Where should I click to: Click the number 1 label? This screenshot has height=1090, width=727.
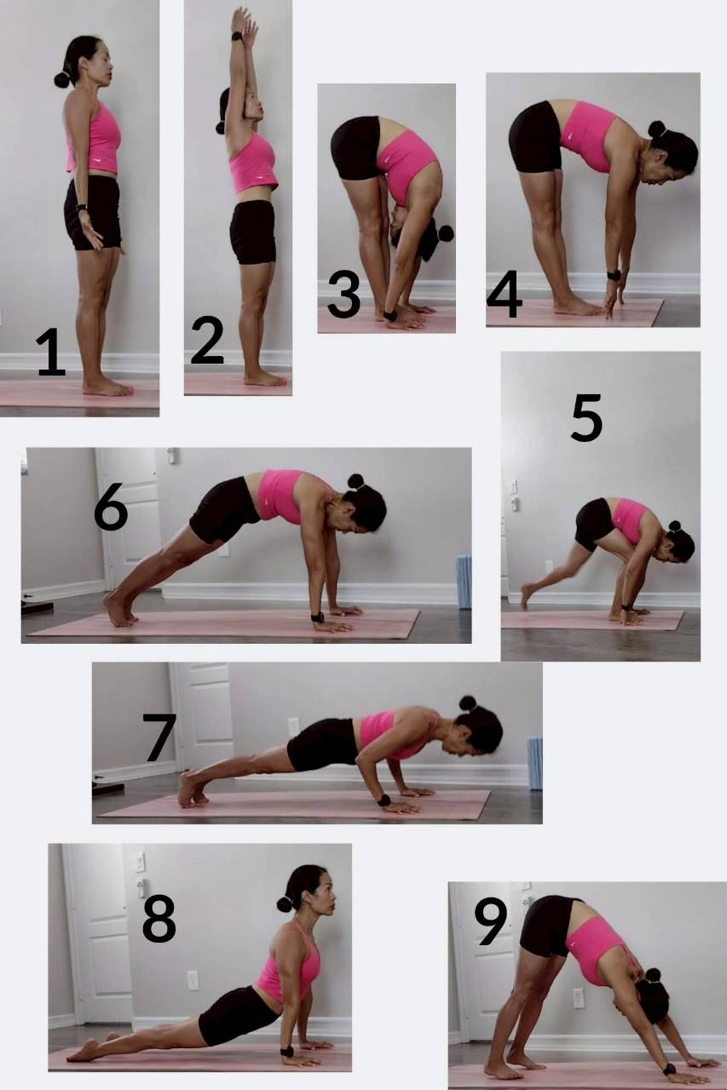[50, 352]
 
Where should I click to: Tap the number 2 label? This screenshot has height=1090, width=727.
[207, 340]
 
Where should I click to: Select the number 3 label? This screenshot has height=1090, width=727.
[343, 294]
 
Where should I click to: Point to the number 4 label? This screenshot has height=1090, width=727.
[505, 295]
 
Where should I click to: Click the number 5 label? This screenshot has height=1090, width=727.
[586, 417]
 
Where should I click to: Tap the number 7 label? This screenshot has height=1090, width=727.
[159, 737]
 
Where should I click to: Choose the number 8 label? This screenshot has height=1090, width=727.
[159, 919]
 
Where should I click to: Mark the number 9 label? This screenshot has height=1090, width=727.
[490, 921]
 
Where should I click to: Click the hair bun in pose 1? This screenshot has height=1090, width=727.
[62, 80]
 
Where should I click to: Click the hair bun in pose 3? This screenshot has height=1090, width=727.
[446, 233]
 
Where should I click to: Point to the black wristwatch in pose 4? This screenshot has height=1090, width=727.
[614, 275]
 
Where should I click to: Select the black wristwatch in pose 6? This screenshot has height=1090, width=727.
[318, 617]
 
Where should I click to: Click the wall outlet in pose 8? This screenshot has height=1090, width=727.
[193, 980]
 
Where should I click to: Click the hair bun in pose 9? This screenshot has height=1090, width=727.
[653, 975]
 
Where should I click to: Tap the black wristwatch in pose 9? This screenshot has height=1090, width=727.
[669, 1070]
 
